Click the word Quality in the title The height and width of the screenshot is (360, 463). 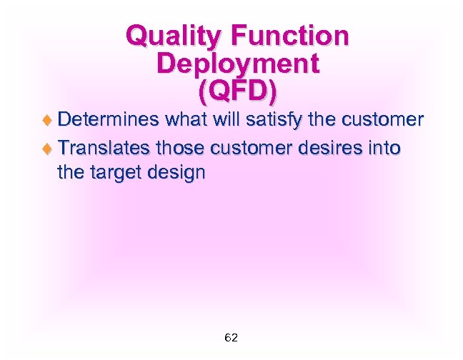coord(166,36)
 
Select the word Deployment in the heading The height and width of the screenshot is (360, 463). coord(237,64)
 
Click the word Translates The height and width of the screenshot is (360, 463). coord(104,148)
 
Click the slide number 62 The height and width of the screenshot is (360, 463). coord(231,337)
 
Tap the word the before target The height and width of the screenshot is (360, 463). coord(71,172)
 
